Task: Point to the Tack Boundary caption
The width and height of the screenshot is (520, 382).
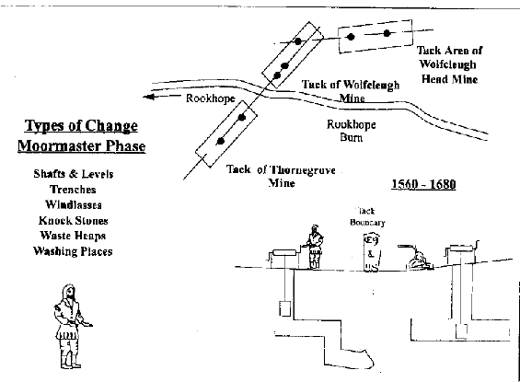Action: [x=368, y=215]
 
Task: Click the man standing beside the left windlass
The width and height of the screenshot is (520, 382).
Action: [x=315, y=247]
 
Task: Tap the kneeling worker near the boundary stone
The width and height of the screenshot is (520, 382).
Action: [x=419, y=260]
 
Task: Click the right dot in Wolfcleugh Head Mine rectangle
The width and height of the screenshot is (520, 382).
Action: [x=389, y=34]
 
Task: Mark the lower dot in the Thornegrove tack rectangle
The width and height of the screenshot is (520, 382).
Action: [x=221, y=141]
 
